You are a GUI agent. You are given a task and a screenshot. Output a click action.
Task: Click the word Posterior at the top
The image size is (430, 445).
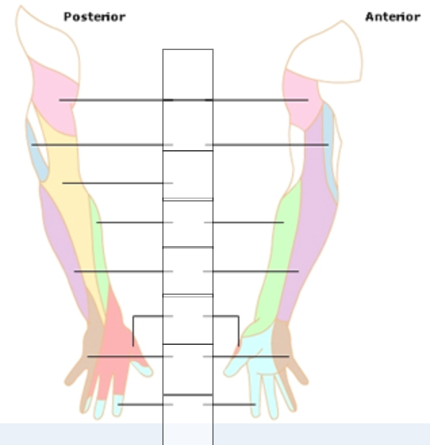[x=94, y=17]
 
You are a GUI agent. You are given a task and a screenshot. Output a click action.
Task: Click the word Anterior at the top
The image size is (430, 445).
[x=392, y=17]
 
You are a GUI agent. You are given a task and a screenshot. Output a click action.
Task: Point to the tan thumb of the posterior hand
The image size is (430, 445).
[x=81, y=365]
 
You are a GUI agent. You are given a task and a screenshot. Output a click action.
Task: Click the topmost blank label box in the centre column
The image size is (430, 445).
[x=188, y=74]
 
